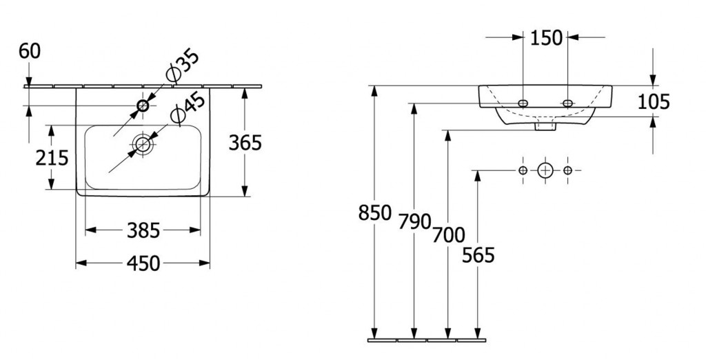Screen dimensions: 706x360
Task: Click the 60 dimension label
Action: [30, 51]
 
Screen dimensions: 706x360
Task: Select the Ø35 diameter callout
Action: [182, 67]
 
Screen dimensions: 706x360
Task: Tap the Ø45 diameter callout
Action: [188, 108]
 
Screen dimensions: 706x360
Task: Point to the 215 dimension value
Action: [52, 158]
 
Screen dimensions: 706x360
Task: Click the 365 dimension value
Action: [245, 143]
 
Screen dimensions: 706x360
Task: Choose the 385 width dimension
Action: [143, 230]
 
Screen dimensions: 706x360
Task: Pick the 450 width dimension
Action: [143, 263]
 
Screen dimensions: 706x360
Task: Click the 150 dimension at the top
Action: [546, 38]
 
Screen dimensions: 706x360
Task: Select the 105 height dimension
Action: [654, 102]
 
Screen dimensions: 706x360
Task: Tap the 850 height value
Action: [375, 212]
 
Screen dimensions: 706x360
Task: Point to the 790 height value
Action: [414, 221]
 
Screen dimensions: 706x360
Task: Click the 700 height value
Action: [448, 234]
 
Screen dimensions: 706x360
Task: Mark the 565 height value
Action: [478, 255]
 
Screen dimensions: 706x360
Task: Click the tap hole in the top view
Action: [143, 106]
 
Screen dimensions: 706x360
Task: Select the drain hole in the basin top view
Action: [143, 144]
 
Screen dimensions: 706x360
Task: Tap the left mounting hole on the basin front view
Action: [523, 103]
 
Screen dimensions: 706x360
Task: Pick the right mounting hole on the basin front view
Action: [568, 103]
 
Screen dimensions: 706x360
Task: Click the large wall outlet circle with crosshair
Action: [545, 170]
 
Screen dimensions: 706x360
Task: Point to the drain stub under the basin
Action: [545, 126]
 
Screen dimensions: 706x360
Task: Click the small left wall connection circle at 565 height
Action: [523, 170]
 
